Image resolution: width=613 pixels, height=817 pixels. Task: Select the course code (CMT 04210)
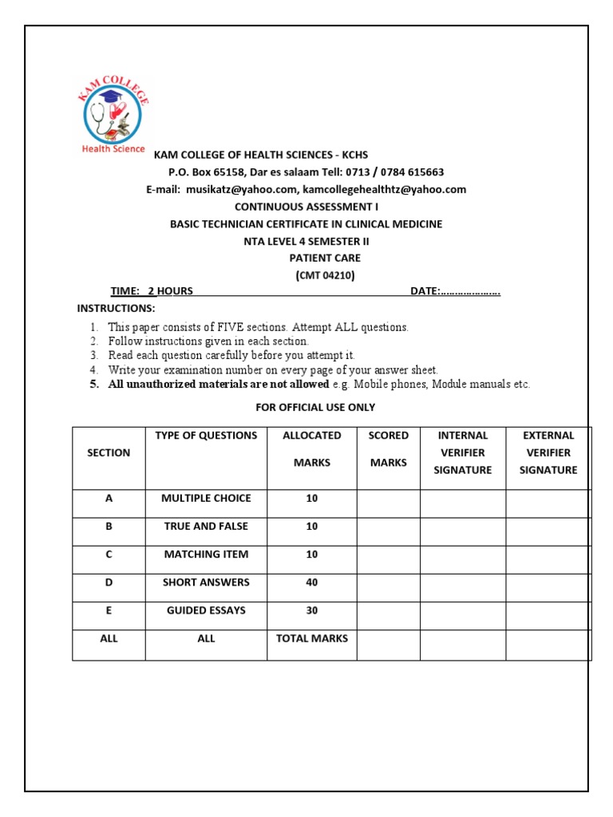[325, 275]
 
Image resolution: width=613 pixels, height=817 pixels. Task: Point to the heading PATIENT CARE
[325, 258]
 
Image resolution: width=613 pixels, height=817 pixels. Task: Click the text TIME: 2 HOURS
[152, 291]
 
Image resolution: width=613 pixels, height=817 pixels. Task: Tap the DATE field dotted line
[470, 291]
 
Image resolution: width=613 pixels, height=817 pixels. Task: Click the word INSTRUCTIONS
[116, 308]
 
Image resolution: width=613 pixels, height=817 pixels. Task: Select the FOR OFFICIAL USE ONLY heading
[315, 408]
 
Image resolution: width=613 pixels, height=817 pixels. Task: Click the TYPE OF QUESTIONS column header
[206, 436]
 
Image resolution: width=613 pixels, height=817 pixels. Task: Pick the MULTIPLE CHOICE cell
[206, 499]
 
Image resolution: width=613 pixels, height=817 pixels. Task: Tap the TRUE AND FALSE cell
[206, 527]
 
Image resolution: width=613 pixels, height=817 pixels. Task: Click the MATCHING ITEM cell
[206, 555]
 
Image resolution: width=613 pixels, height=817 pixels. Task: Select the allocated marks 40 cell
[311, 582]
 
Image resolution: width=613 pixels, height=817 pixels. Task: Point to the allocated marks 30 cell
[311, 610]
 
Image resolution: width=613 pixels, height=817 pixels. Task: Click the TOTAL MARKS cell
[311, 638]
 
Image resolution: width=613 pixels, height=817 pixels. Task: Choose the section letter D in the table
[109, 582]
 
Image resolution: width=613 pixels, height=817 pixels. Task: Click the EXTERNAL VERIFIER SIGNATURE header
[548, 452]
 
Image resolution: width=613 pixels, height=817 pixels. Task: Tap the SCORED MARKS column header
[389, 449]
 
